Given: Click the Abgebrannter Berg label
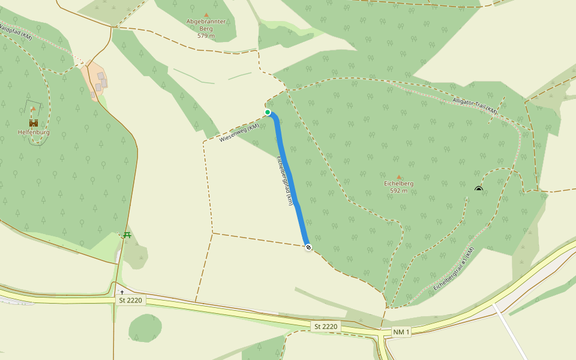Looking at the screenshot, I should [x=206, y=22].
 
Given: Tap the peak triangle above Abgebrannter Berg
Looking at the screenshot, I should [x=206, y=14].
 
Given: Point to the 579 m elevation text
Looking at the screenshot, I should [x=206, y=36].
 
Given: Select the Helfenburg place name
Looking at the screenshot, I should [x=34, y=133].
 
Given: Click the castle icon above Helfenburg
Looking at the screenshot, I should [x=34, y=122].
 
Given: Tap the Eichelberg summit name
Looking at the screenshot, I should [x=398, y=184].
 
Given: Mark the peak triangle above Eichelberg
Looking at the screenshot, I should [x=399, y=176].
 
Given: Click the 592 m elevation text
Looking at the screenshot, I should [x=398, y=191].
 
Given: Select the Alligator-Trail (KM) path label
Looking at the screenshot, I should [x=475, y=106].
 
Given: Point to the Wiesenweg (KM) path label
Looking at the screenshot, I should [x=239, y=133].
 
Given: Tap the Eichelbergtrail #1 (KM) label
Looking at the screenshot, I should [x=452, y=270].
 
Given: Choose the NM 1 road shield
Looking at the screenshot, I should [x=401, y=332].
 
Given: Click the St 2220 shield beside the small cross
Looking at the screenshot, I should [x=130, y=300].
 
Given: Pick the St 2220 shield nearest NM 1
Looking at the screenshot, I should [x=326, y=326].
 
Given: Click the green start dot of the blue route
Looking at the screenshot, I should [x=268, y=112].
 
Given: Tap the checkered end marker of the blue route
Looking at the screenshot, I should [x=308, y=247].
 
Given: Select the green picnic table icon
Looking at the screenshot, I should [x=127, y=235].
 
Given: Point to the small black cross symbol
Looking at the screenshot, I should [x=122, y=292].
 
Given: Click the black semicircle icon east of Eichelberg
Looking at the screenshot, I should [x=478, y=189].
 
